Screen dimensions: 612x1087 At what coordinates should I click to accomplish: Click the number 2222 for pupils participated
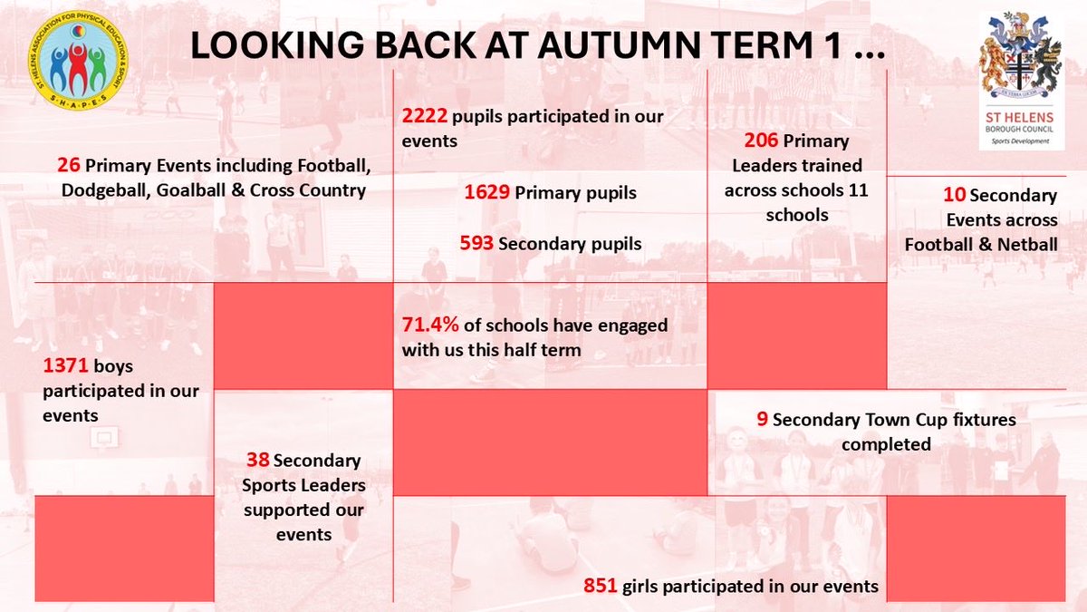coord(425,116)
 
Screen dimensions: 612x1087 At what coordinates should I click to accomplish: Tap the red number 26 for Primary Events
coord(68,166)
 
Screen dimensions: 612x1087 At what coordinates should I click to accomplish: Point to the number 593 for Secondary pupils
coord(477,243)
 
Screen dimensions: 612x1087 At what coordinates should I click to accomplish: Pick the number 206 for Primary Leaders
coord(761,141)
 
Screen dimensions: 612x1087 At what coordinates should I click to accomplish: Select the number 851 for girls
coord(601,586)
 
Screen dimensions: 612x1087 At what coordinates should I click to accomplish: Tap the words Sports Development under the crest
coord(1021,142)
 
